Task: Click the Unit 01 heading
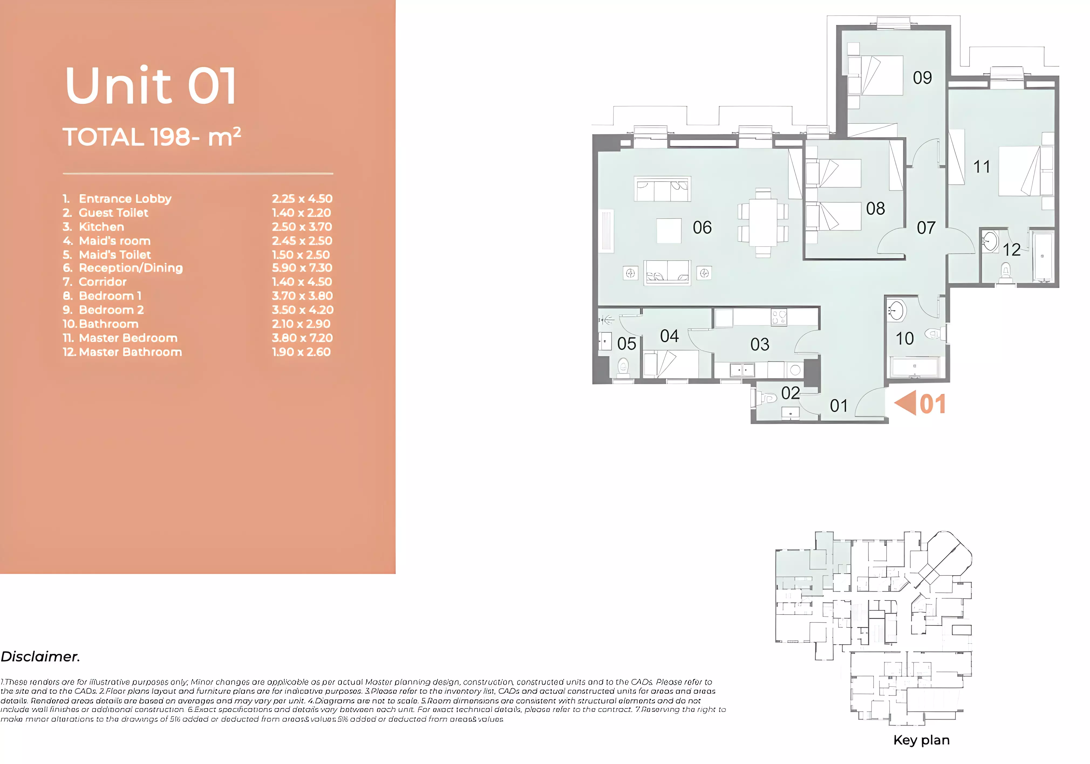coord(151,86)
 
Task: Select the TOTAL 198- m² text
coord(152,137)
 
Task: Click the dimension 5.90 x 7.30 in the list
coord(302,268)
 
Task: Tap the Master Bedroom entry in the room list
coord(128,338)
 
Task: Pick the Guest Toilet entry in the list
coord(114,213)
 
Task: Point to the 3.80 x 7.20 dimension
coord(302,338)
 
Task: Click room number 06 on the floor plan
coord(702,227)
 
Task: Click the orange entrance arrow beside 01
coord(906,403)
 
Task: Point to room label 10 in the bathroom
coord(904,339)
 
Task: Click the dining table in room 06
coord(763,222)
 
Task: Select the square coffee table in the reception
coord(669,231)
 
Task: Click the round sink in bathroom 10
coord(896,311)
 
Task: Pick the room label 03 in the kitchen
coord(759,344)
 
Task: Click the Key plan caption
coord(921,740)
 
